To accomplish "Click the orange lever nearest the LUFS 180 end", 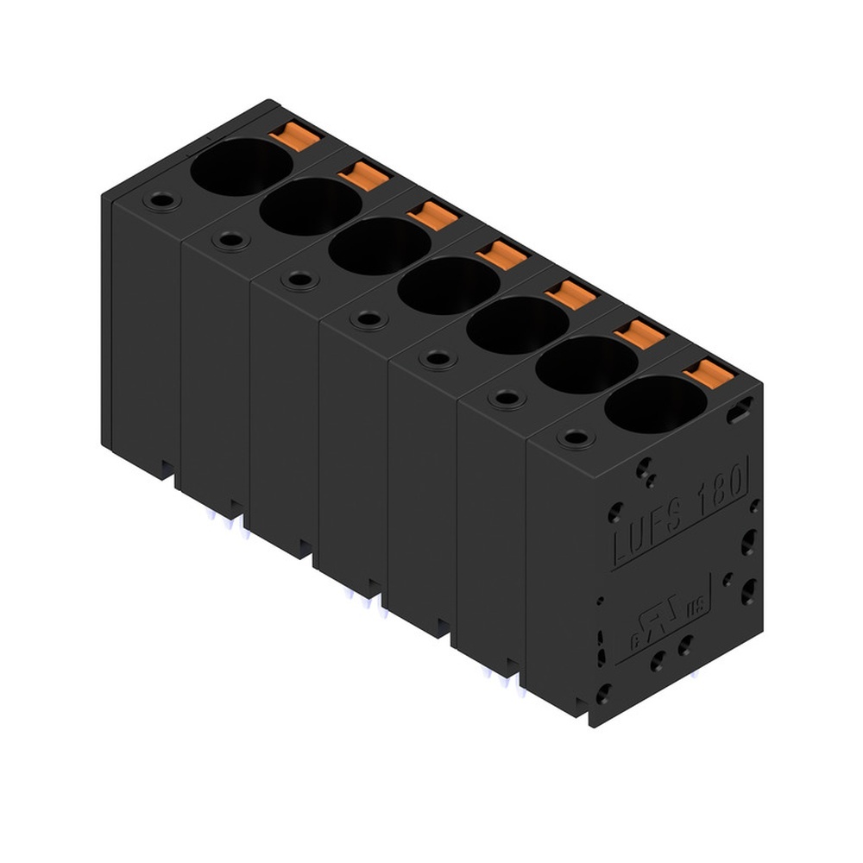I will (709, 373).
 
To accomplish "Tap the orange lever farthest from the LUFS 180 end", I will (295, 136).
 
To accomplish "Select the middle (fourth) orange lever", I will (501, 255).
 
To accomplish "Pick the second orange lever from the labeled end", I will (639, 333).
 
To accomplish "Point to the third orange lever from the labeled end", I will (570, 294).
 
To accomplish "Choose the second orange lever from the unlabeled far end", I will (364, 176).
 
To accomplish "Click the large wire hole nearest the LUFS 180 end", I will (655, 404).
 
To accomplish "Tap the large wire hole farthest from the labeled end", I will (241, 167).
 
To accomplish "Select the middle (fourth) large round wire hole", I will (448, 286).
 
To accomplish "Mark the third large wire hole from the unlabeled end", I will (379, 246).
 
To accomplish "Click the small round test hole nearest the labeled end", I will (576, 438).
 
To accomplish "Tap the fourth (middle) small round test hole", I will (369, 320).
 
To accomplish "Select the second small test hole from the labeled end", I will (507, 399).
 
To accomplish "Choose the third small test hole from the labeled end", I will (438, 359).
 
